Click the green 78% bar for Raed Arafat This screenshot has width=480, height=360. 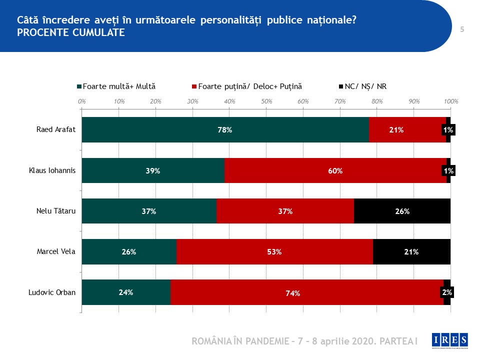pos(225,130)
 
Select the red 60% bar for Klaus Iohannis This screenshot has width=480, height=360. pos(335,170)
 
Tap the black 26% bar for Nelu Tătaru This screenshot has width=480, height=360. pos(402,211)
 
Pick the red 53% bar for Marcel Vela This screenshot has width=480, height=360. pos(274,251)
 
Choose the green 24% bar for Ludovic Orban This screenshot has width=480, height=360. pos(126,292)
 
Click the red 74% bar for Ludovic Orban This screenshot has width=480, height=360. pos(306,292)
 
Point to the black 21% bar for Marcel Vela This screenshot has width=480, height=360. pos(411,251)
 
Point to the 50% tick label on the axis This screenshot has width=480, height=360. pos(266,101)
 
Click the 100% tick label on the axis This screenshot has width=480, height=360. pos(451,101)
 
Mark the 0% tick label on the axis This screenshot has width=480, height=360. pos(82,101)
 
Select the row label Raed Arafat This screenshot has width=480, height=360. pos(56,130)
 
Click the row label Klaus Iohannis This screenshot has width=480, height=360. pos(52,170)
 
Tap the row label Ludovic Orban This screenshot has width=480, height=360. pos(52,292)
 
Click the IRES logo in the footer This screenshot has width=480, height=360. pos(449,339)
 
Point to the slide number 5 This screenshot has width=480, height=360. pos(462,29)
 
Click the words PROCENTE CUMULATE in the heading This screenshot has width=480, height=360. pos(71,32)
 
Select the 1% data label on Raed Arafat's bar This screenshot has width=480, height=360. pos(448,130)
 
